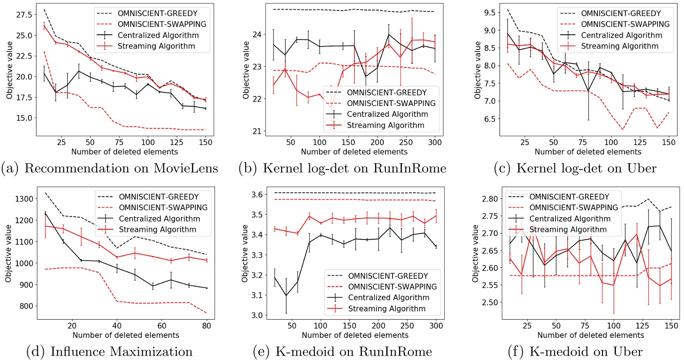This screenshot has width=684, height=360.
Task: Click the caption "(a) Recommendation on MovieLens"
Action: pyautogui.click(x=109, y=168)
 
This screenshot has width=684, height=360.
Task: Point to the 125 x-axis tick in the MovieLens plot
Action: pyautogui.click(x=177, y=142)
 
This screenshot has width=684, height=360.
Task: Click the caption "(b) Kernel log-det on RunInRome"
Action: pyautogui.click(x=342, y=168)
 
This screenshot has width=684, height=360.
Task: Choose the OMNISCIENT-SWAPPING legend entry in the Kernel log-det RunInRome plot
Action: pyautogui.click(x=391, y=103)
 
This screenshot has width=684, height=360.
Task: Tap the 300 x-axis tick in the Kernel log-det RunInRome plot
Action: pyautogui.click(x=434, y=142)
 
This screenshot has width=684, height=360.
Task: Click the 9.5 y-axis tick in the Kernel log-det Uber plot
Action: pyautogui.click(x=490, y=13)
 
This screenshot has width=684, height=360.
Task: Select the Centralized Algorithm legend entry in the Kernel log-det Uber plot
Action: pyautogui.click(x=621, y=35)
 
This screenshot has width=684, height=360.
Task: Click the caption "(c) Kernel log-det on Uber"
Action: pyautogui.click(x=575, y=168)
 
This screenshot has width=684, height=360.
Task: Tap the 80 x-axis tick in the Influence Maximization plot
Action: pyautogui.click(x=207, y=326)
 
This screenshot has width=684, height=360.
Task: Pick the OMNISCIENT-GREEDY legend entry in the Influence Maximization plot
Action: pyautogui.click(x=158, y=197)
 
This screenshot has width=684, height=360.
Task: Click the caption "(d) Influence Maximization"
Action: pyautogui.click(x=109, y=352)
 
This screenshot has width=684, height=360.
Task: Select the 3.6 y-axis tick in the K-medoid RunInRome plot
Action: pyautogui.click(x=257, y=194)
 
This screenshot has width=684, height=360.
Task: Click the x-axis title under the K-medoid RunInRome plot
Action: pyautogui.click(x=355, y=335)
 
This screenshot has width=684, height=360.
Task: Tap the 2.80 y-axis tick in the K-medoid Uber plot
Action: pyautogui.click(x=490, y=199)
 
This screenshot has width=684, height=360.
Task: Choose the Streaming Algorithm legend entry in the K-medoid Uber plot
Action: pyautogui.click(x=568, y=229)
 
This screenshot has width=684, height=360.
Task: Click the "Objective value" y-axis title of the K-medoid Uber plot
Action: pyautogui.click(x=476, y=253)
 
